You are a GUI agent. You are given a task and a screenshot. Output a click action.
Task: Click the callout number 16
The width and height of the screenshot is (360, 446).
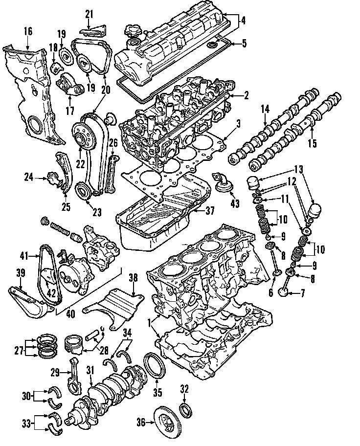27,32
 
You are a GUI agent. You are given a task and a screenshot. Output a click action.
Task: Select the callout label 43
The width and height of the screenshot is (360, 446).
235,203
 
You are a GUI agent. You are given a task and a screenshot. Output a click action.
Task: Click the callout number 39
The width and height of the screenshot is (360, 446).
20,273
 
